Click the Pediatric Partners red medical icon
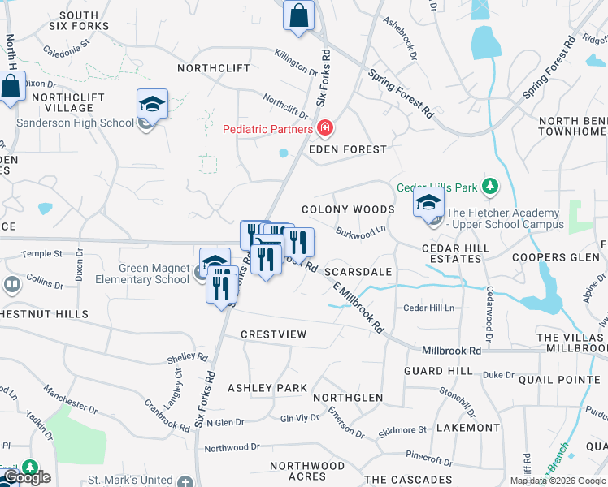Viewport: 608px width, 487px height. (x=325, y=129)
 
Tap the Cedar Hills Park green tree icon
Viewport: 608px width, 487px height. (x=490, y=187)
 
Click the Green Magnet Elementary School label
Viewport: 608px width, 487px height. (x=143, y=274)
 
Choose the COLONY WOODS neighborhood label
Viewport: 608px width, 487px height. (x=348, y=209)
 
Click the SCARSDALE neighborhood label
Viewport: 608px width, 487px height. (x=358, y=272)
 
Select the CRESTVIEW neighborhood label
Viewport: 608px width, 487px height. (x=274, y=334)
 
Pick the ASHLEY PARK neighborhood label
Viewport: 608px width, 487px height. (x=267, y=388)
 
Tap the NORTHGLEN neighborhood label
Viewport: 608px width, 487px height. (x=348, y=398)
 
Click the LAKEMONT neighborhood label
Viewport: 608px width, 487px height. (x=468, y=427)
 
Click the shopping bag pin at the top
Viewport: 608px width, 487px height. (x=299, y=15)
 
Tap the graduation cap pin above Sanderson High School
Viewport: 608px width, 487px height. (x=152, y=105)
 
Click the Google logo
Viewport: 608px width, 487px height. (x=26, y=478)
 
